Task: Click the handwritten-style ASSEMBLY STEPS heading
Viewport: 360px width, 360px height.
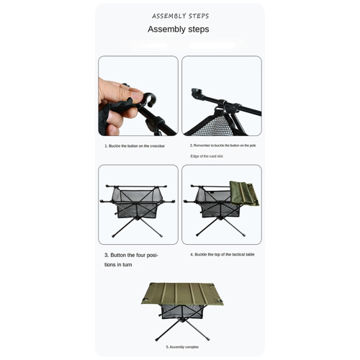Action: tap(180, 16)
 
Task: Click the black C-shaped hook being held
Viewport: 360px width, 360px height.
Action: tap(149, 99)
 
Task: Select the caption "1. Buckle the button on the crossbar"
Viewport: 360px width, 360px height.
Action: tap(135, 146)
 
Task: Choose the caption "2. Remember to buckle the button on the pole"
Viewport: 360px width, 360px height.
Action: tap(223, 145)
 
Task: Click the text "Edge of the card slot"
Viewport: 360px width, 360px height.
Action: tap(207, 156)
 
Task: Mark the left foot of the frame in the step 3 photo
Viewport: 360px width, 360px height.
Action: tap(113, 236)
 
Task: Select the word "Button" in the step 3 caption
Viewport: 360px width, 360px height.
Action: tap(119, 255)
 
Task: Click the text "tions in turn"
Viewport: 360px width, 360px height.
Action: tap(118, 265)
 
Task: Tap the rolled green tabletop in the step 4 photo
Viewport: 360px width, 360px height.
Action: tap(244, 194)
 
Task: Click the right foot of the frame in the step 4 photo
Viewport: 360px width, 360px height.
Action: tap(244, 235)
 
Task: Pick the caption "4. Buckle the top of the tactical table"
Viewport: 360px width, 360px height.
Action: tap(222, 254)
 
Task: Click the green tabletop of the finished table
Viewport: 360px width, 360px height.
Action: tap(182, 294)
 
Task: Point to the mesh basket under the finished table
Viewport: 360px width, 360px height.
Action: tap(181, 311)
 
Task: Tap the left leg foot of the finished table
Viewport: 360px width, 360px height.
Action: tap(157, 339)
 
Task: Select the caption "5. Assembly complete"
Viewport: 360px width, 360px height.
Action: tap(182, 347)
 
